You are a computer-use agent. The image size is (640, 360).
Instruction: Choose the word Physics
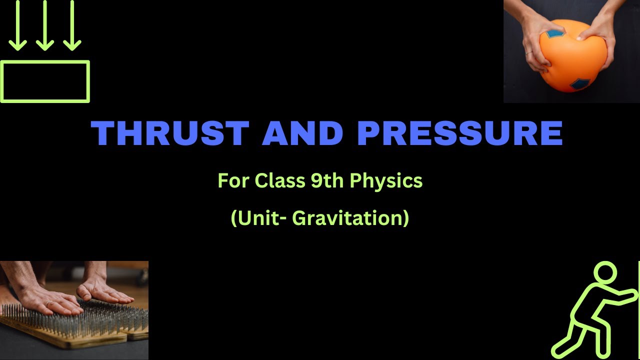(386, 181)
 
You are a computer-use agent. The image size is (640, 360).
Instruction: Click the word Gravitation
(350, 218)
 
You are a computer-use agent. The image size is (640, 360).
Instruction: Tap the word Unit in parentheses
(259, 218)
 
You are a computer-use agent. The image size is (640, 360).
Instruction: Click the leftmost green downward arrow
(18, 25)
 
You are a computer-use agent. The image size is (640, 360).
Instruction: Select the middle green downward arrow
(45, 25)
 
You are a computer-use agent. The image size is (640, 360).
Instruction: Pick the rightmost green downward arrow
(72, 25)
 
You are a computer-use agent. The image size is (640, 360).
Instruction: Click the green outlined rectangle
(45, 81)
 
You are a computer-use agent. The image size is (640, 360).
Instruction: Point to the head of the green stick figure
(605, 275)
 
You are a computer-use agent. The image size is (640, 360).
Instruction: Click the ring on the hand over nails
(48, 302)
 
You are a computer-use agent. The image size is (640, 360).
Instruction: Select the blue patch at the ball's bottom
(580, 84)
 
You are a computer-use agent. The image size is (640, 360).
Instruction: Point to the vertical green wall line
(638, 310)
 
